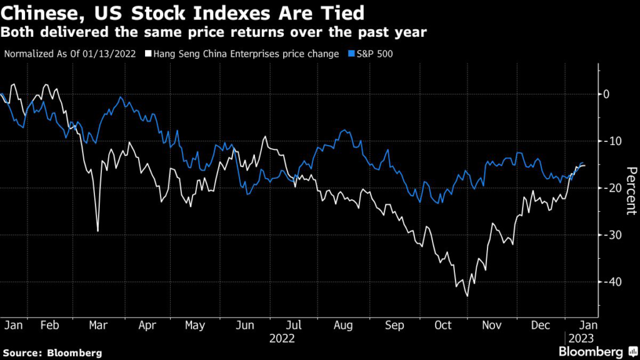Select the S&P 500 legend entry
[x=375, y=54]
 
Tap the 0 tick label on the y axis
[x=605, y=94]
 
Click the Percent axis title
[x=631, y=191]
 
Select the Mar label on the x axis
[x=96, y=326]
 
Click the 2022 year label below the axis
[x=282, y=338]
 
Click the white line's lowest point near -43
[x=466, y=296]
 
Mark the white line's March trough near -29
[x=97, y=231]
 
